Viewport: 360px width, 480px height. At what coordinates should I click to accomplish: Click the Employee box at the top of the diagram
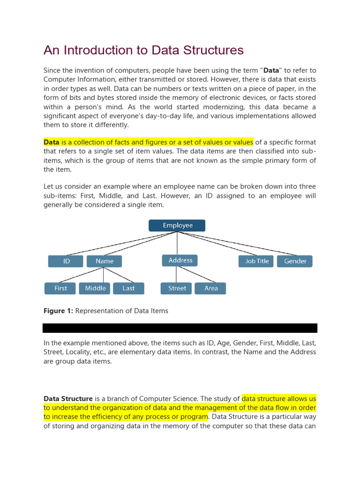(177, 225)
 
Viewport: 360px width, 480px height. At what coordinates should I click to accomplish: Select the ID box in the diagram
(66, 261)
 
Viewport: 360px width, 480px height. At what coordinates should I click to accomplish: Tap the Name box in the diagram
(104, 261)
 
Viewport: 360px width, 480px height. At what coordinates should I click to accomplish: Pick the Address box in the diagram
(180, 260)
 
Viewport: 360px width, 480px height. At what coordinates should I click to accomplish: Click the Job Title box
(257, 261)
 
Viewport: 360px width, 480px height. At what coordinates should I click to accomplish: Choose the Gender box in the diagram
(295, 261)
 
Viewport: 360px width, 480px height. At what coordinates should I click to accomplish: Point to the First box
(60, 288)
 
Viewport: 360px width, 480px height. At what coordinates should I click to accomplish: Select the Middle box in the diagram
(95, 288)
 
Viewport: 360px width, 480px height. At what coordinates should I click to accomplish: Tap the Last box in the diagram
(128, 288)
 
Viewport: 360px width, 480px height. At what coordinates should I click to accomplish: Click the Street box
(177, 288)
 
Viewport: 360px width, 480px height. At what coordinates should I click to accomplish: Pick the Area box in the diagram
(211, 288)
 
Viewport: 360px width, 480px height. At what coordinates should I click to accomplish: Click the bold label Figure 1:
(58, 311)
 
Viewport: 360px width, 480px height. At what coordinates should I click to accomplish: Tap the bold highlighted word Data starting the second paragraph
(52, 142)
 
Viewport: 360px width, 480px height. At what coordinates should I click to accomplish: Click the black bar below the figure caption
(180, 328)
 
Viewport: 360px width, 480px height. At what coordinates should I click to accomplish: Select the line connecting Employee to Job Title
(218, 244)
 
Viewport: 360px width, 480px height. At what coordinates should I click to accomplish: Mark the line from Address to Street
(178, 274)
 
